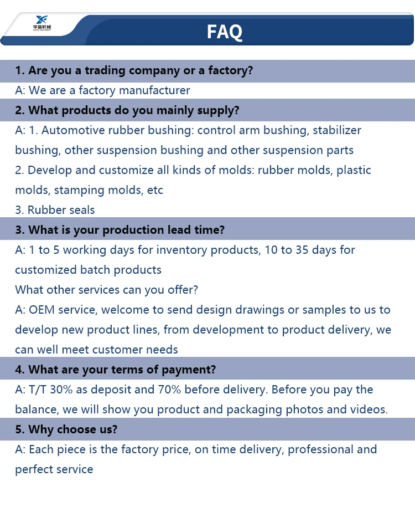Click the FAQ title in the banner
point(224,32)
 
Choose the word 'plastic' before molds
point(354,170)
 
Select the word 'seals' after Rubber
point(80,210)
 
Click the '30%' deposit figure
point(61,390)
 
